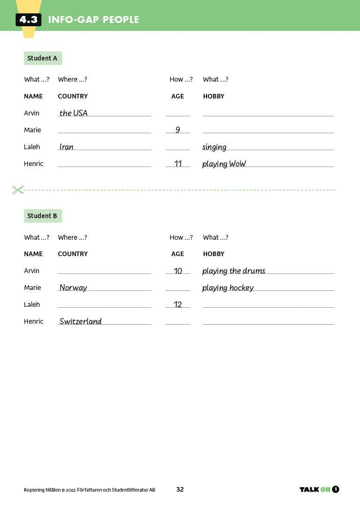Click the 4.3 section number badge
[x=28, y=20]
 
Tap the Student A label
[x=43, y=58]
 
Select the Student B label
[x=43, y=216]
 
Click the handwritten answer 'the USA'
[x=73, y=113]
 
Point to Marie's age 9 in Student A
[x=177, y=130]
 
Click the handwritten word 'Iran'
[x=66, y=147]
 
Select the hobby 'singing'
[x=214, y=147]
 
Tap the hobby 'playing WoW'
[x=224, y=164]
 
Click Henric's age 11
[x=178, y=164]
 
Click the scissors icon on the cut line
[x=18, y=190]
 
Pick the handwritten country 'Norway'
[x=73, y=288]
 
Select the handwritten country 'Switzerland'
[x=80, y=321]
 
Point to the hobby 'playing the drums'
[x=234, y=271]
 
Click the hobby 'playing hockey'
[x=228, y=288]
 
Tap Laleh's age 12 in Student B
[x=178, y=304]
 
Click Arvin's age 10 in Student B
[x=178, y=271]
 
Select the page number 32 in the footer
[x=180, y=489]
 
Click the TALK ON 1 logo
[x=319, y=489]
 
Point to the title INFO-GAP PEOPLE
[x=93, y=20]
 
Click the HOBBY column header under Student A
[x=214, y=96]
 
